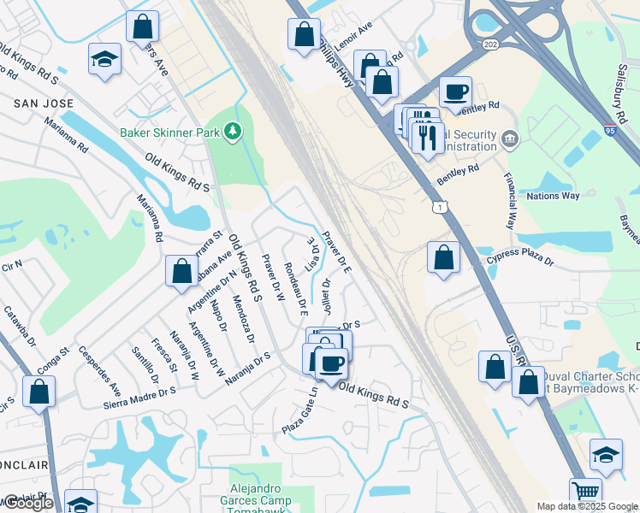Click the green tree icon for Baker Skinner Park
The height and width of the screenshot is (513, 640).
coord(231,131)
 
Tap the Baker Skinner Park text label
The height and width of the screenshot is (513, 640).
coord(170,133)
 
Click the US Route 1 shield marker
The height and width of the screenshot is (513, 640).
coord(440,207)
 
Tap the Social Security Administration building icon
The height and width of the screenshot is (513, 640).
coord(510,138)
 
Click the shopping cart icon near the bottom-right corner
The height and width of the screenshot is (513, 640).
coord(585,492)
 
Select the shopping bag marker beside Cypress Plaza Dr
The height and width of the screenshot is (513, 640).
coord(443,257)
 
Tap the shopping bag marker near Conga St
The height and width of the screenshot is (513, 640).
coord(39,392)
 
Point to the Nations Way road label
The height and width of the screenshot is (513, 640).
coord(553,196)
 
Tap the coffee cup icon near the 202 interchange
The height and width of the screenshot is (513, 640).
coord(455,91)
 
